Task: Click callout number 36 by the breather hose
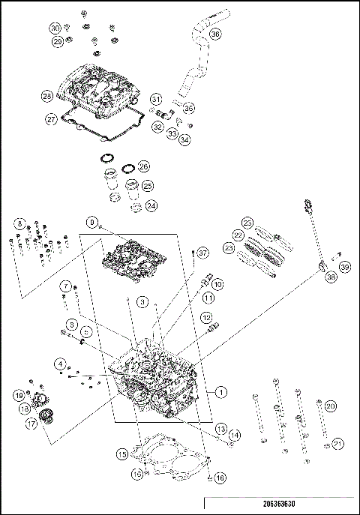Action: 215,34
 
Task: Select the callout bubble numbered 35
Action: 189,106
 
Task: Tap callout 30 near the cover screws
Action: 55,28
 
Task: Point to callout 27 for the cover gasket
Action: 51,118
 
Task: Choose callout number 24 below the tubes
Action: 151,205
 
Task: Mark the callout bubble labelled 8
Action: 19,224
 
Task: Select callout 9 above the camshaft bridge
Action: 92,223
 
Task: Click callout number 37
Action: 202,253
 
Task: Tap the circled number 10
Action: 217,285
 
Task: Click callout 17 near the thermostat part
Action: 31,424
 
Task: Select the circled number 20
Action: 330,406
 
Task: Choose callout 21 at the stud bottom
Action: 337,443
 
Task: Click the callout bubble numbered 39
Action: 344,267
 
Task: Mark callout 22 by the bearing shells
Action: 238,235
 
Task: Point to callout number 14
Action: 235,435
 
